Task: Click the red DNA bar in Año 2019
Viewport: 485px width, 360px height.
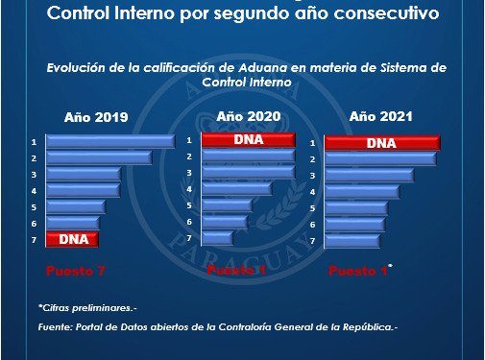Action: pos(73,239)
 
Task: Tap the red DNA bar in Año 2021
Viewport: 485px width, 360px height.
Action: pos(381,143)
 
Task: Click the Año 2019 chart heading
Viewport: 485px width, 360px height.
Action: pos(96,119)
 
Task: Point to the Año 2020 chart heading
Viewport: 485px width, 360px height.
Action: pos(248,116)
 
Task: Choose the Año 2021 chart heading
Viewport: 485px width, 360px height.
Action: pos(381,117)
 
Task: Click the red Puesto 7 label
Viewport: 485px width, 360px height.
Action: pos(76,271)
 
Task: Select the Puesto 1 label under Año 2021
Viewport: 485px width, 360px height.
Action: pos(359,272)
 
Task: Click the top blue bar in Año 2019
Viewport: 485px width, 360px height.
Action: pos(109,142)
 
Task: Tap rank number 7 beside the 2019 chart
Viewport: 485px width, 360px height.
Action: pos(34,239)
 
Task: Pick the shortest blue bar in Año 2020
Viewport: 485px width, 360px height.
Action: pos(218,237)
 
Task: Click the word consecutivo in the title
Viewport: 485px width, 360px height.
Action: pos(383,14)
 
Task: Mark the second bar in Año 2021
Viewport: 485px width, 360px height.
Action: pos(374,159)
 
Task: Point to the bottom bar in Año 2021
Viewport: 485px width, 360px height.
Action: pos(353,240)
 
